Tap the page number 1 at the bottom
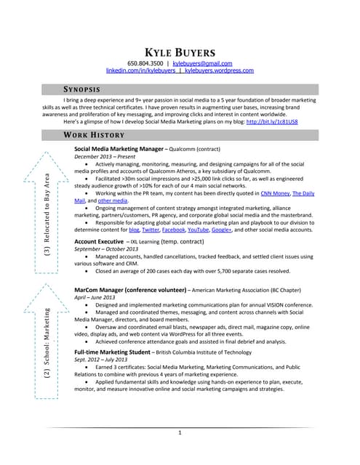[180, 433]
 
